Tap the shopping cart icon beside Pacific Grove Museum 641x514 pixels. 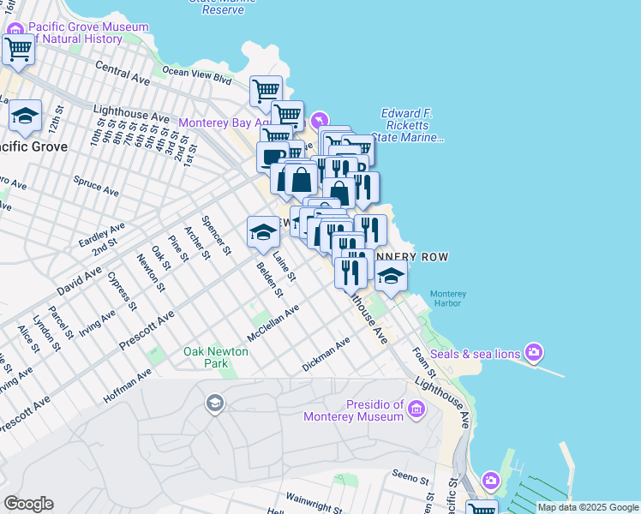point(17,50)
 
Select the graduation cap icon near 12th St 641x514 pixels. point(26,117)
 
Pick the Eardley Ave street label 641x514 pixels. point(101,235)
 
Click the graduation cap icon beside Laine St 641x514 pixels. point(263,232)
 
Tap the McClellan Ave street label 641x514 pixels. point(273,322)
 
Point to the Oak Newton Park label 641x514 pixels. point(216,357)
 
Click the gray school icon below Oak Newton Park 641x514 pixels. point(214,403)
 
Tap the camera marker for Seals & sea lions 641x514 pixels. point(536,352)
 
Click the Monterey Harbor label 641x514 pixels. point(447,298)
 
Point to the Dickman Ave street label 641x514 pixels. point(326,355)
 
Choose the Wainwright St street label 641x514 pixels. point(314,499)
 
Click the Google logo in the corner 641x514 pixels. point(28,504)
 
